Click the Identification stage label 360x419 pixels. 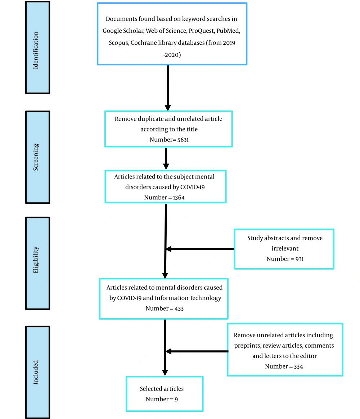(x=36, y=50)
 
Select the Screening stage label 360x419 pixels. (x=36, y=157)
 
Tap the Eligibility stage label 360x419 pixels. (x=36, y=260)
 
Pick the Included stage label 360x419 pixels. (x=36, y=372)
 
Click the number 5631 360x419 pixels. (x=183, y=140)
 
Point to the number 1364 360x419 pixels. (x=179, y=198)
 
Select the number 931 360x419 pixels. (x=300, y=259)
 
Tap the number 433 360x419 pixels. (x=179, y=308)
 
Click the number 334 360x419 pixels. (x=298, y=366)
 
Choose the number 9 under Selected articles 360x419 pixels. (x=176, y=399)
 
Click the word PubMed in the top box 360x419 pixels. (x=228, y=31)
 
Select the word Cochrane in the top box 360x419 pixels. (x=142, y=43)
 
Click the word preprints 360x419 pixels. (x=247, y=346)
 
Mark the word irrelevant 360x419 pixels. (x=285, y=248)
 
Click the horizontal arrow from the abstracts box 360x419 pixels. (x=200, y=249)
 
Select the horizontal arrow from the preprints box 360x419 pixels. (x=197, y=351)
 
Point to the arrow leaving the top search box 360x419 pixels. (x=167, y=87)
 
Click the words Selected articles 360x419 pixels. (x=162, y=389)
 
